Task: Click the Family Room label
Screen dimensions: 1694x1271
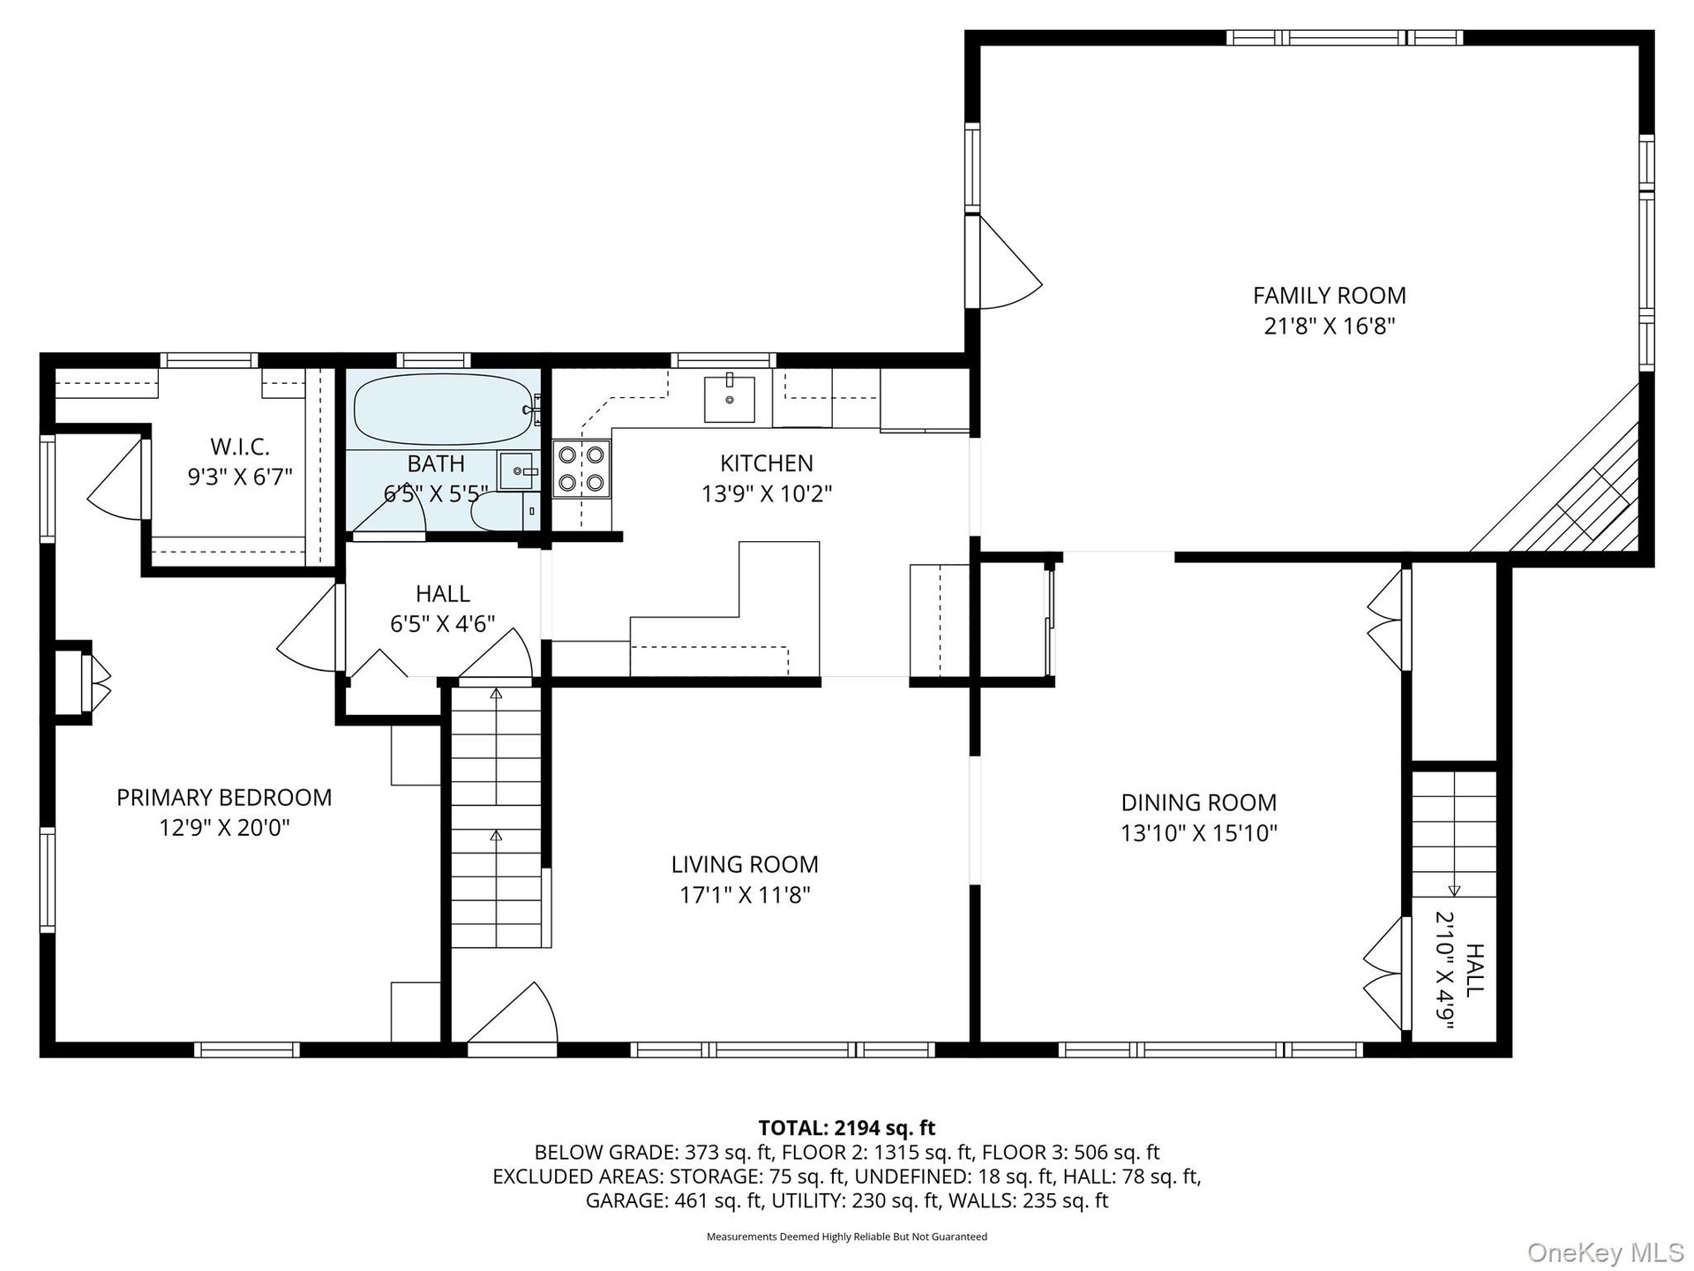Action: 1329,295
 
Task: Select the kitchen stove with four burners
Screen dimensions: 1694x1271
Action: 581,469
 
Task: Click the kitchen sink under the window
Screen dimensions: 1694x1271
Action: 730,398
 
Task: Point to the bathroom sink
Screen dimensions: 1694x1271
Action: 518,471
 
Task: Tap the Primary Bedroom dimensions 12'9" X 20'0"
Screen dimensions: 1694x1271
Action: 225,828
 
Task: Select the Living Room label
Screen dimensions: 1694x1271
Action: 745,864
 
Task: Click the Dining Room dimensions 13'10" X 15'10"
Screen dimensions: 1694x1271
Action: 1199,833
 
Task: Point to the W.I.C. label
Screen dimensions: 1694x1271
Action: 240,447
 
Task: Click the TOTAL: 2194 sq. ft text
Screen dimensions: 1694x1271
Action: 847,1127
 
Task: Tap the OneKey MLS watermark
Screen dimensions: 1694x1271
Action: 1606,1252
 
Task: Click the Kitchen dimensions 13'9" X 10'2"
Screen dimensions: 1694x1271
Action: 767,493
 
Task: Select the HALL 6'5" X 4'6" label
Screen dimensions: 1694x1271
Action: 443,608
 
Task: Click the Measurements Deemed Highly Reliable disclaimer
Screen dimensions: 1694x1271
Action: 847,1237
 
